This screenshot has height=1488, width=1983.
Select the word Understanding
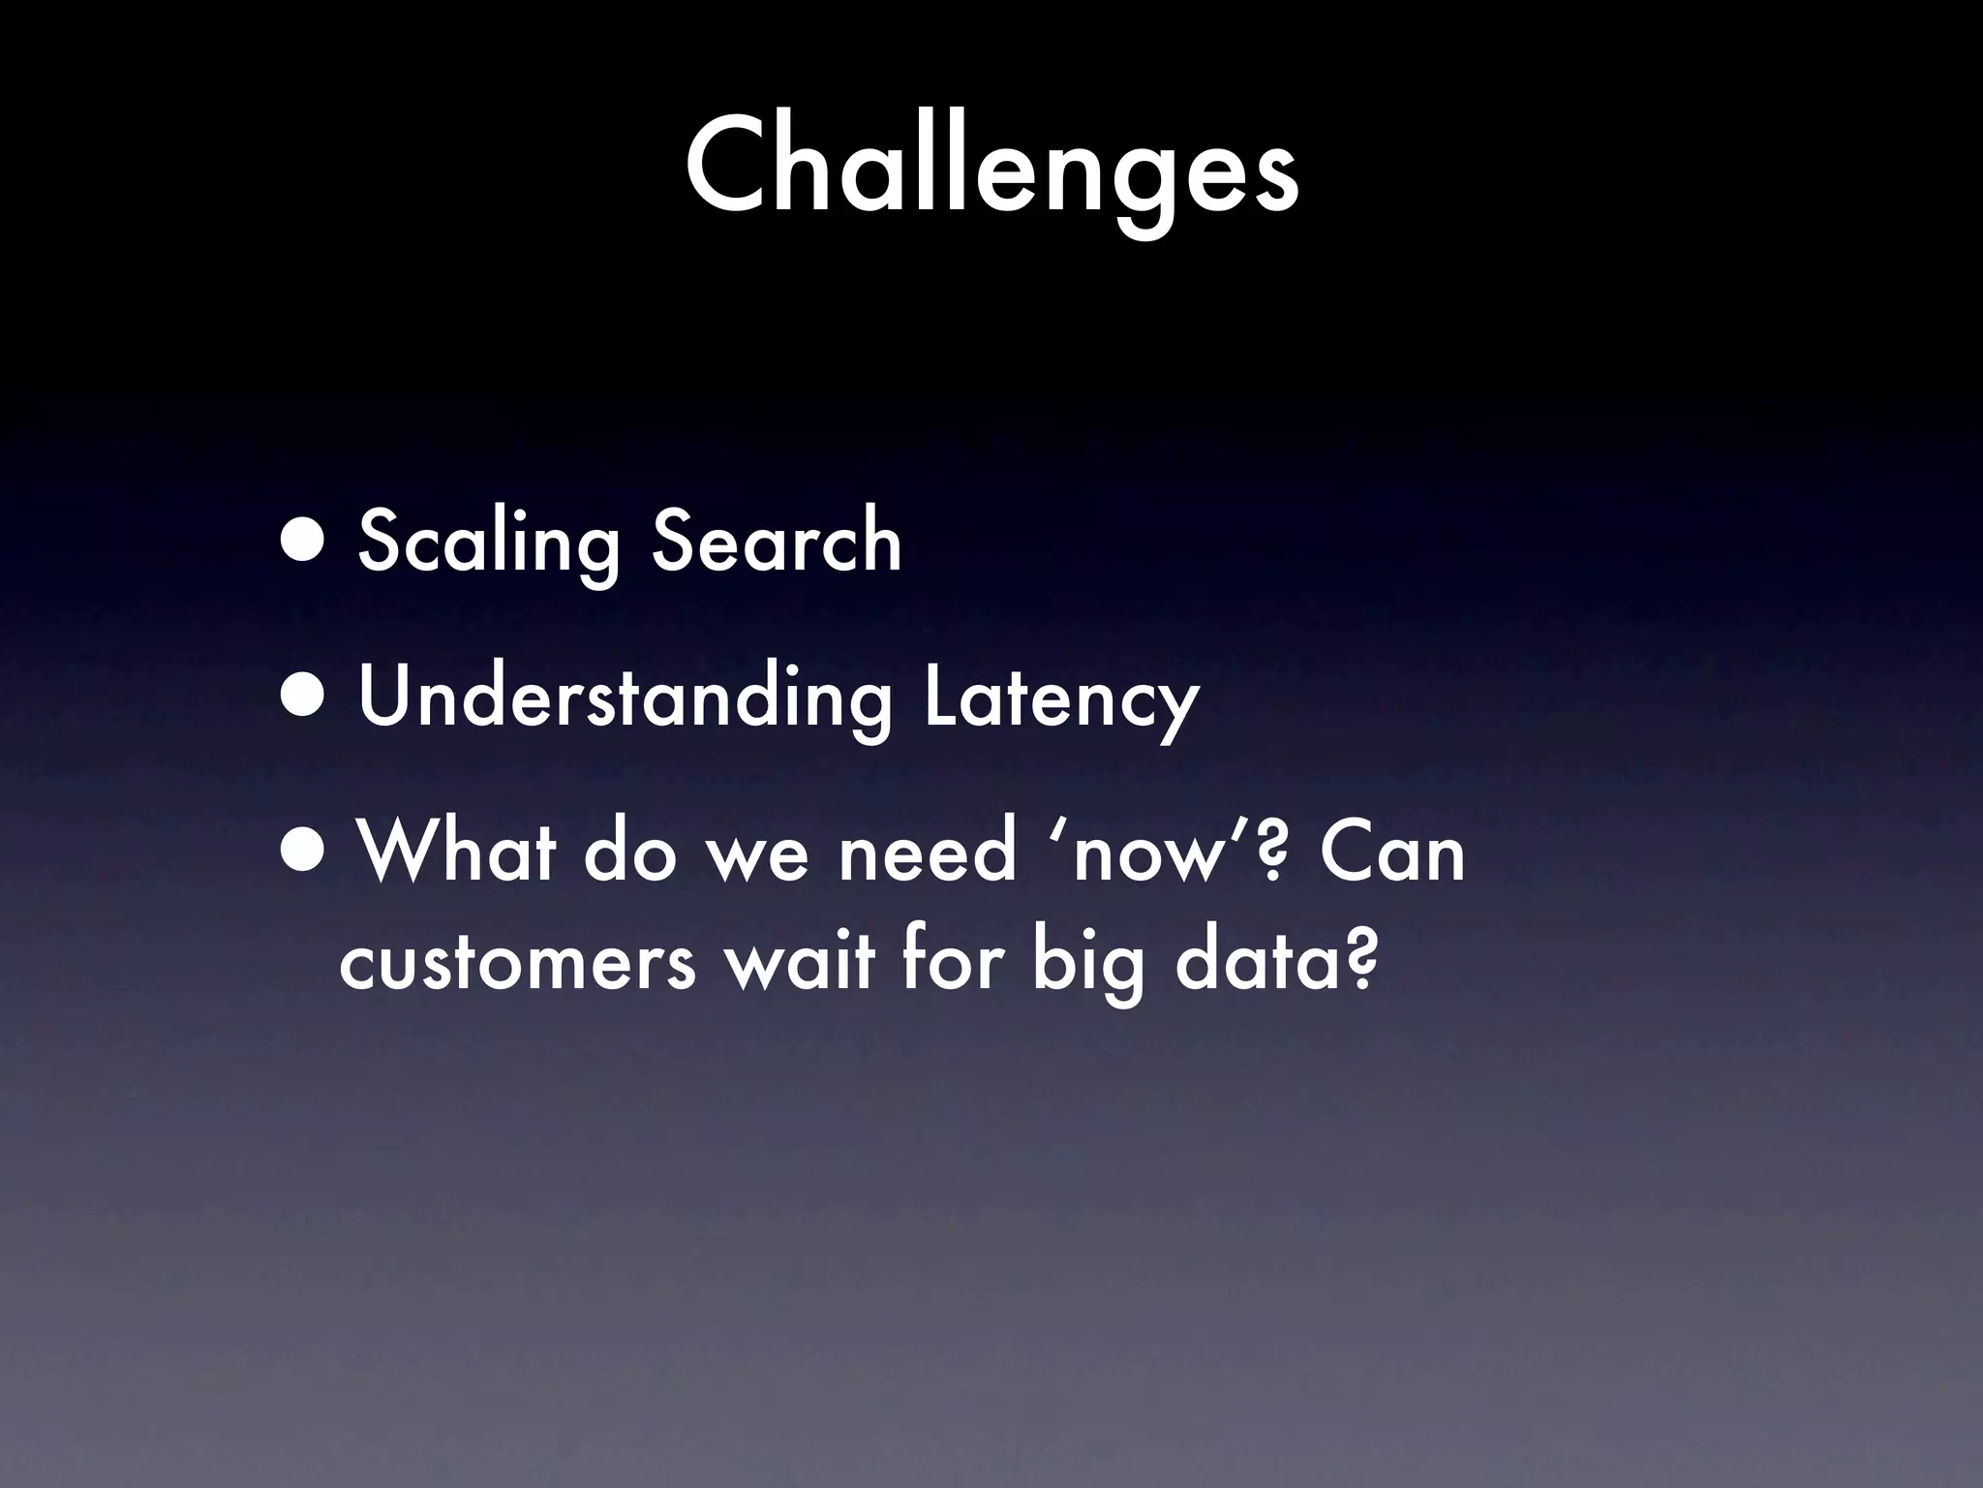[625, 697]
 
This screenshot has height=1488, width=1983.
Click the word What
[456, 851]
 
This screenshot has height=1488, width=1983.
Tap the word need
[927, 851]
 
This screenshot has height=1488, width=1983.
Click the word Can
[1393, 851]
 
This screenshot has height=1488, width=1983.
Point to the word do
[628, 851]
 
